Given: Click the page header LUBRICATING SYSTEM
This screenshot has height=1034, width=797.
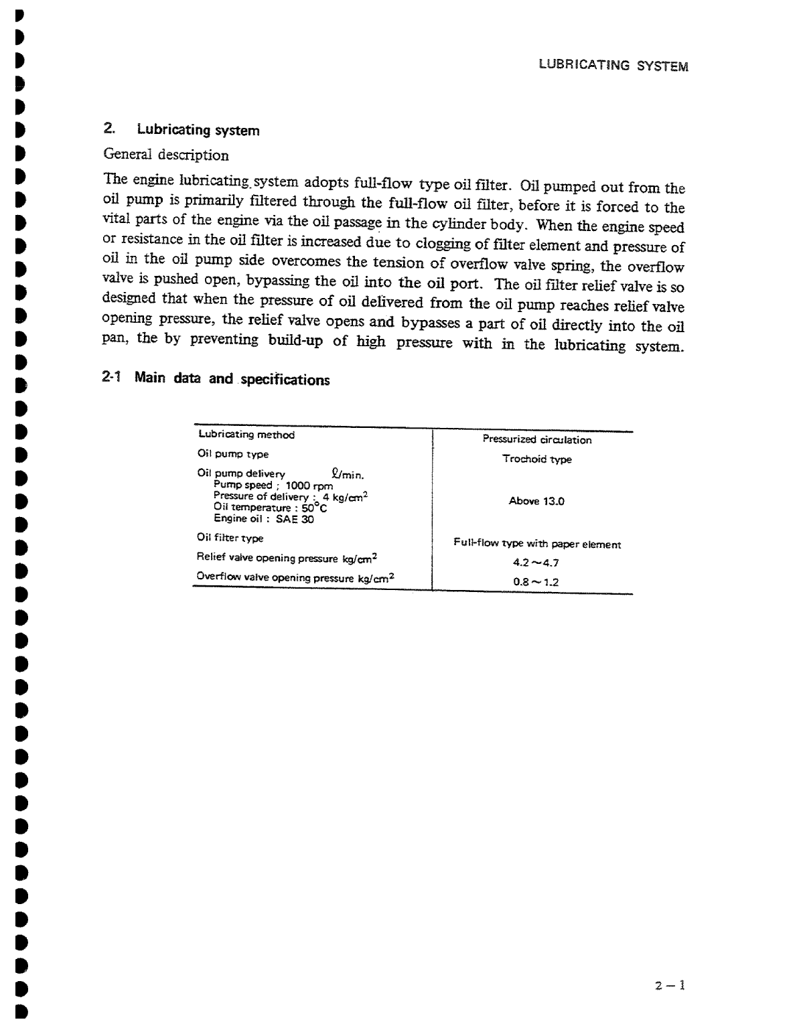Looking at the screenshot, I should pos(613,66).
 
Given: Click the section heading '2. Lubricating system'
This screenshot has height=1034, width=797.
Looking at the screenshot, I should pos(182,130).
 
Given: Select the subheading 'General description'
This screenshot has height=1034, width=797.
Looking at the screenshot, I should pos(166,155).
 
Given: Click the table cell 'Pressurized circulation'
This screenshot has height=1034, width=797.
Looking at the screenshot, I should pos(536,440).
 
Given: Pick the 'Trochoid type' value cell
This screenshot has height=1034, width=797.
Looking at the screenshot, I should pos(536,459).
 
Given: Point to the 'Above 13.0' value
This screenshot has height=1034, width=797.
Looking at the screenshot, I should pos(536,501).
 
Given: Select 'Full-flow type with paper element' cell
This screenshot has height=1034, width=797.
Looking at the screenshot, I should pos(536,544).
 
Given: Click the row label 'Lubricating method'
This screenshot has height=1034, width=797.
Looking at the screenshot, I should pos(246,435).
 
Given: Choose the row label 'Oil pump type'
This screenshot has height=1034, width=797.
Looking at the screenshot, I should pos(232,454).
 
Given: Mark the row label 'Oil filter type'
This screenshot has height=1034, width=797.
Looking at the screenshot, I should pos(230,538).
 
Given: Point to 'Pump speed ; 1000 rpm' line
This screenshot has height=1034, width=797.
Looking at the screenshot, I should pos(273,485).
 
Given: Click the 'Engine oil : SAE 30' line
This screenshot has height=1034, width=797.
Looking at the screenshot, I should pos(263,518).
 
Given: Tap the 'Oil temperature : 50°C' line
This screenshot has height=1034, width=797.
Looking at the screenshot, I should pos(270,508).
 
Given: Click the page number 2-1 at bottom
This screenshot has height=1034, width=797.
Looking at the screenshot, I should pos(670,985).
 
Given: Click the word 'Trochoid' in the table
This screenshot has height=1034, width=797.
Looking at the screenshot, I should pos(521,459).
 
